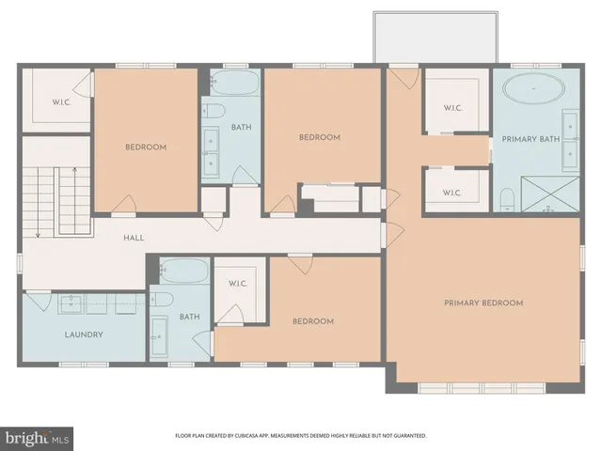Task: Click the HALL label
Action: tap(134, 238)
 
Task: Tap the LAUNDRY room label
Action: tap(83, 334)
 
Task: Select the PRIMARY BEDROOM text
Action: tap(483, 303)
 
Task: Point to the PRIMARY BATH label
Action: tap(532, 139)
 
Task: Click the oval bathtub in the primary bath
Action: tap(533, 91)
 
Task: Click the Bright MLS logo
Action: tap(36, 437)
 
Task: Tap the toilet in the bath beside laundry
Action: tap(162, 301)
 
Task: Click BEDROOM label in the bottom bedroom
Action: tap(312, 321)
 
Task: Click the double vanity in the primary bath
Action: tap(570, 139)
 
